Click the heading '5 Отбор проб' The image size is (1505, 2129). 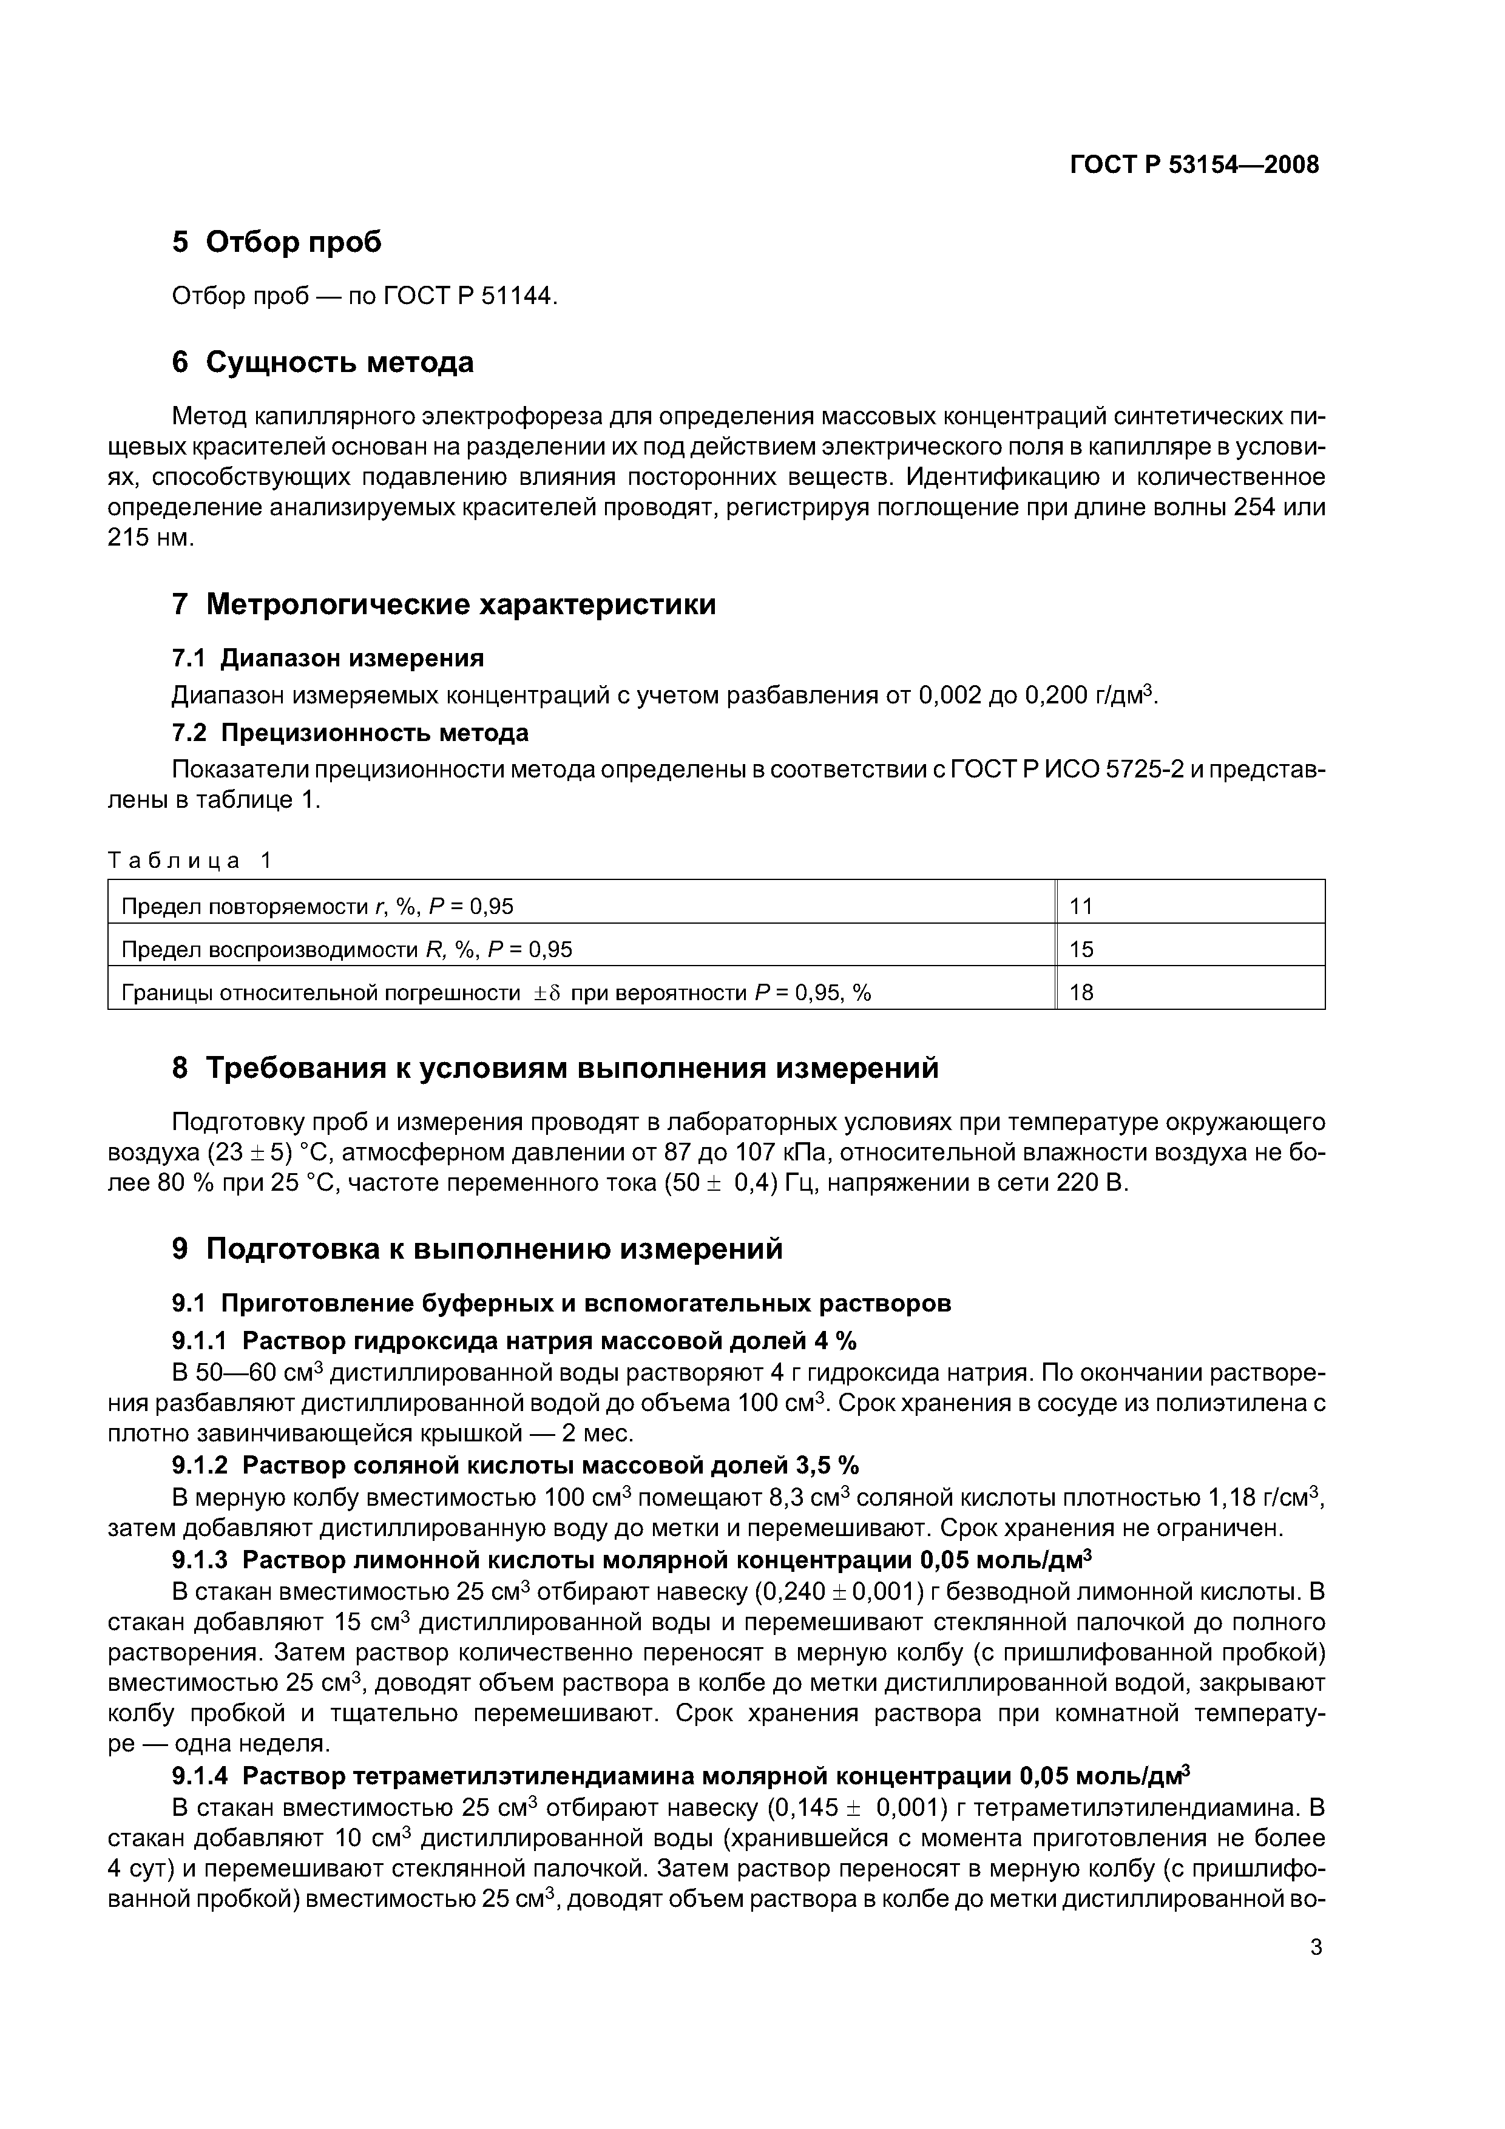(276, 242)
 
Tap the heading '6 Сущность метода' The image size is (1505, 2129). (323, 362)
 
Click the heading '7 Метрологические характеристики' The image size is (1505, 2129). (444, 604)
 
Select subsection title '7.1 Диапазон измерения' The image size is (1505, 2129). (328, 658)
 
